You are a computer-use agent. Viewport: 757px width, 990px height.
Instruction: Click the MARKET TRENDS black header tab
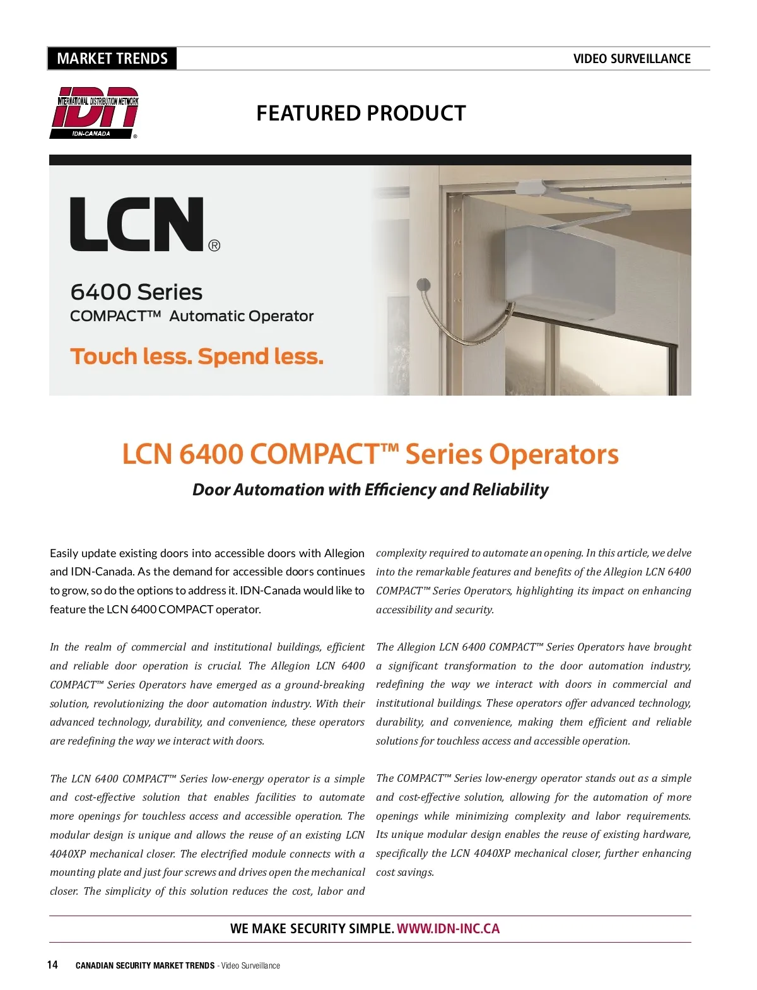(x=112, y=59)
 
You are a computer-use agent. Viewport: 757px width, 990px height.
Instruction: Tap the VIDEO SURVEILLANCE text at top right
(x=631, y=59)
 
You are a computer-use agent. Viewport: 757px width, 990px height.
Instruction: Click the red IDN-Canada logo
(x=95, y=112)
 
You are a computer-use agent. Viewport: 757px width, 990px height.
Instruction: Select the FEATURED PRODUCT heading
(x=361, y=114)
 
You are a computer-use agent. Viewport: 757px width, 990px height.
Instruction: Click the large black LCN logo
(x=137, y=224)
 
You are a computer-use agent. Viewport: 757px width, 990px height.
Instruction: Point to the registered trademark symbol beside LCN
(x=214, y=245)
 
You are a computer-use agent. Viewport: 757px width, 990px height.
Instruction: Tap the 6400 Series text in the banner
(x=136, y=292)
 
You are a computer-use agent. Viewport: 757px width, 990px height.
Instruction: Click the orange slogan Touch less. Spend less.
(x=197, y=357)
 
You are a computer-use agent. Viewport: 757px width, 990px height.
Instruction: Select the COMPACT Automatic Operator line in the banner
(x=192, y=316)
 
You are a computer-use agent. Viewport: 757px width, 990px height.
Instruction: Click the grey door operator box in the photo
(x=558, y=274)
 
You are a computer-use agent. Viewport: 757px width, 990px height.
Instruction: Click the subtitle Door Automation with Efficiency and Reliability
(x=370, y=490)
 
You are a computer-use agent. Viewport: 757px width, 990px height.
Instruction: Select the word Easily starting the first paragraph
(x=64, y=553)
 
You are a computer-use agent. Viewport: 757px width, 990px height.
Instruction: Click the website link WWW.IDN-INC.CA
(x=448, y=929)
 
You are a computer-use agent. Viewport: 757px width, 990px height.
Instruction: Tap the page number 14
(x=52, y=965)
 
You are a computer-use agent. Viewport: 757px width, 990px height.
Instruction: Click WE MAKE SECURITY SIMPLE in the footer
(x=312, y=929)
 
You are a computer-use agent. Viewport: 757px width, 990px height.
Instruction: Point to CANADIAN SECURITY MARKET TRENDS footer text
(x=144, y=965)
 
